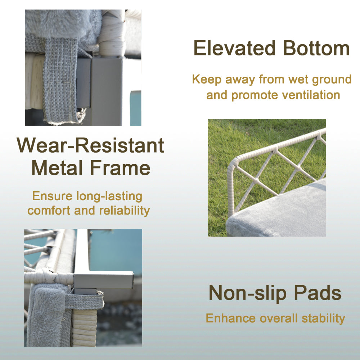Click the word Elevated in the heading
point(234,48)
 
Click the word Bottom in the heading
point(316,48)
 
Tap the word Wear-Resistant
point(90,145)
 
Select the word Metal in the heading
point(57,168)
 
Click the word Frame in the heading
point(120,168)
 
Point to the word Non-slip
point(248,293)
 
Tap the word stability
point(323,319)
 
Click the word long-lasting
point(109,197)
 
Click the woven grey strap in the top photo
point(60,80)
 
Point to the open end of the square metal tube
point(131,279)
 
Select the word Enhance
point(231,318)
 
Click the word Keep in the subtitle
point(207,80)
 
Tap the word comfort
point(49,211)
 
